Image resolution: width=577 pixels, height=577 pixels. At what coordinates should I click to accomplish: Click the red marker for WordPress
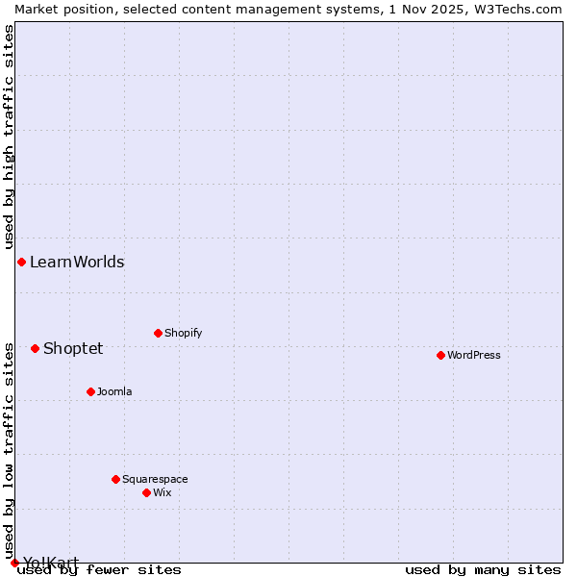pyautogui.click(x=440, y=355)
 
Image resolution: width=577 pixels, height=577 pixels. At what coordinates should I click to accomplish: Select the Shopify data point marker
pyautogui.click(x=158, y=333)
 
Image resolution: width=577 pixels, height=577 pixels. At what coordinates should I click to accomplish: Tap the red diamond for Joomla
pyautogui.click(x=90, y=391)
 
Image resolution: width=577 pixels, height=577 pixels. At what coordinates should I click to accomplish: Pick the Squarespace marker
pyautogui.click(x=115, y=479)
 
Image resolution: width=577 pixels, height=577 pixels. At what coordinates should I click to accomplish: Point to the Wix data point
pyautogui.click(x=146, y=492)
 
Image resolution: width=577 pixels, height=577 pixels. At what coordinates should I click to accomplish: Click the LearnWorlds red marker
pyautogui.click(x=21, y=262)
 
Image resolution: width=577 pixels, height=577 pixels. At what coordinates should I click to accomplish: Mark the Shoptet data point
pyautogui.click(x=35, y=348)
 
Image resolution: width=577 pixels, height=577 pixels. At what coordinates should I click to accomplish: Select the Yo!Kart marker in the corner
pyautogui.click(x=14, y=563)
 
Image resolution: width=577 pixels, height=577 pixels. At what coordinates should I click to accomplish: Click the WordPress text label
pyautogui.click(x=474, y=355)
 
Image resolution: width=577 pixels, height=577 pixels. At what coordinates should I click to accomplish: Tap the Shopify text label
pyautogui.click(x=183, y=333)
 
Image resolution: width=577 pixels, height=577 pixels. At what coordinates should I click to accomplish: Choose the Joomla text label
pyautogui.click(x=114, y=391)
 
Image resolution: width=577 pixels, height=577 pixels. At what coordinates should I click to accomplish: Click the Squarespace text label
pyautogui.click(x=155, y=479)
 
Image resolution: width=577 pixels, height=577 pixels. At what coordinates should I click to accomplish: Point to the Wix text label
pyautogui.click(x=163, y=492)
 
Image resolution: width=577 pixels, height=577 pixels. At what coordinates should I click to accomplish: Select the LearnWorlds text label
pyautogui.click(x=77, y=262)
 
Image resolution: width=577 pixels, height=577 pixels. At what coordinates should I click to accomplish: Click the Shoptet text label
pyautogui.click(x=73, y=348)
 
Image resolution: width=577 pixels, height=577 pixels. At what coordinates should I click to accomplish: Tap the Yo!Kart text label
pyautogui.click(x=51, y=563)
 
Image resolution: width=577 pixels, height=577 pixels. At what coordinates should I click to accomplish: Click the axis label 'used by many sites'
pyautogui.click(x=483, y=570)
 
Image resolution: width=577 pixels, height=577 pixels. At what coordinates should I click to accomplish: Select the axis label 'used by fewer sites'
pyautogui.click(x=100, y=570)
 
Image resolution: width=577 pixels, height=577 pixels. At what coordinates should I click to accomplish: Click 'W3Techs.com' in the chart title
pyautogui.click(x=523, y=9)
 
